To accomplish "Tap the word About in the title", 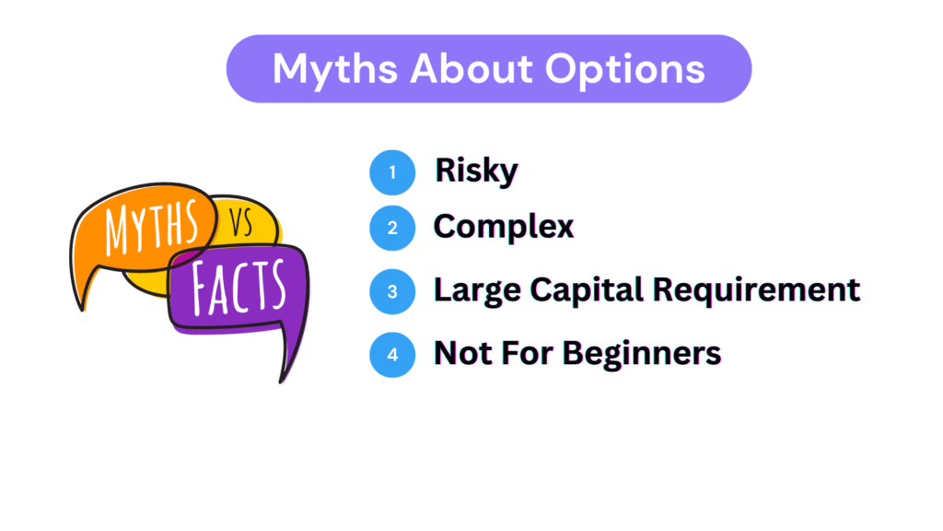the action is pos(471,68).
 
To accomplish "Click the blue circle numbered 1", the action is pos(392,172).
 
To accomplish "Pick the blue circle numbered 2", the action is pos(392,229).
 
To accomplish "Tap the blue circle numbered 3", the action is pos(392,291).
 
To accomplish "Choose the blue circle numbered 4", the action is pos(392,355).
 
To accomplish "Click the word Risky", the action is pos(476,171).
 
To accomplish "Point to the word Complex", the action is pos(504,227).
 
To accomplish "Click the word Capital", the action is pos(587,290).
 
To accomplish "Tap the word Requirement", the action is pos(757,290).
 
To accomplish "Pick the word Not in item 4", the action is pos(463,353).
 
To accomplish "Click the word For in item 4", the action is pos(527,353).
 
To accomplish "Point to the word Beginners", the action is pos(642,354).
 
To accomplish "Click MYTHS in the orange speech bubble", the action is pos(152,227).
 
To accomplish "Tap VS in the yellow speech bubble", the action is pos(241,223).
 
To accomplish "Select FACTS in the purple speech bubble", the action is pos(239,288).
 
